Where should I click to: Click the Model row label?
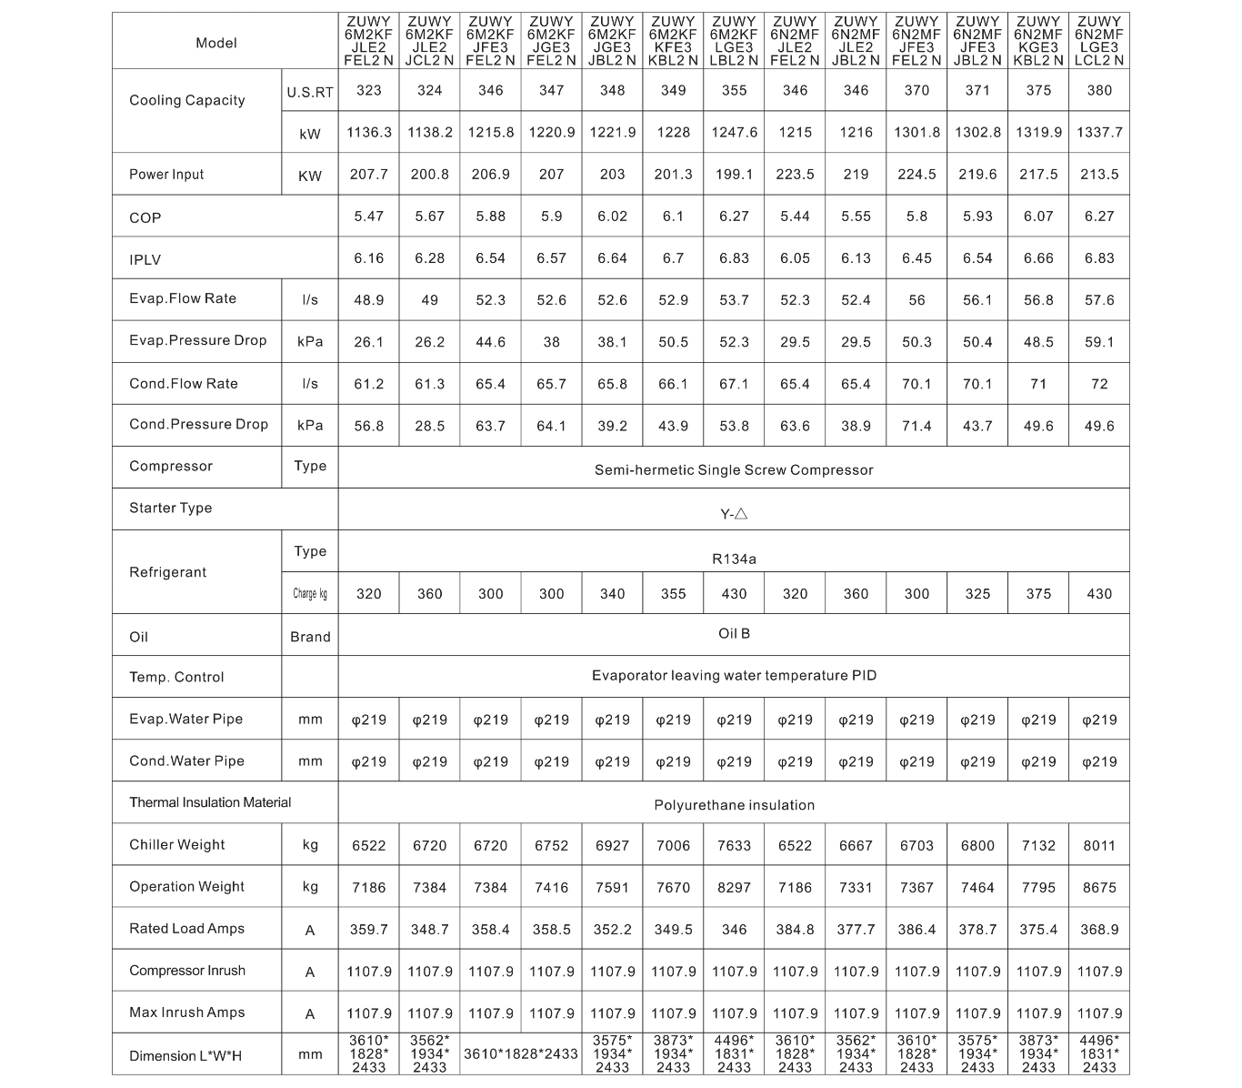tap(215, 43)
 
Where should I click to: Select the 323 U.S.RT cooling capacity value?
tap(368, 90)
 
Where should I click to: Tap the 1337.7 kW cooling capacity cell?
tap(1098, 132)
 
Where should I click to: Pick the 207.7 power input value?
tap(368, 174)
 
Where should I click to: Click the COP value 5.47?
tap(368, 217)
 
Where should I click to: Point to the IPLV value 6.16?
tap(368, 258)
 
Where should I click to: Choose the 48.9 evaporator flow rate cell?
tap(368, 299)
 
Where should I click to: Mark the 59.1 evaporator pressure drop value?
tap(1098, 342)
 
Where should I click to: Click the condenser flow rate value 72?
tap(1098, 384)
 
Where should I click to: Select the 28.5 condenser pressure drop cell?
tap(429, 426)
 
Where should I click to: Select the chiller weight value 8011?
tap(1098, 845)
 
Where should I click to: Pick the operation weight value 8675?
tap(1098, 887)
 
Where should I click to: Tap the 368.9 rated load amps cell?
tap(1098, 930)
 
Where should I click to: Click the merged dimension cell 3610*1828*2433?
tap(520, 1054)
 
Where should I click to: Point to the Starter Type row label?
tap(170, 508)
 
